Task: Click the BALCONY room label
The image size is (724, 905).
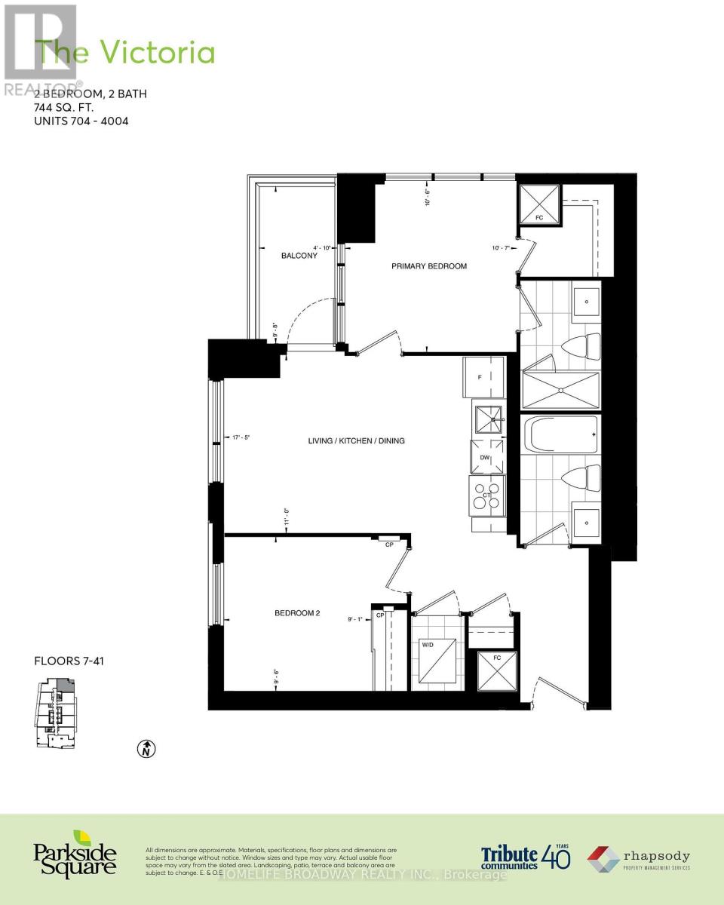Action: click(299, 256)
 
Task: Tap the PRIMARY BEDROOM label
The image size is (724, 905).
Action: click(428, 266)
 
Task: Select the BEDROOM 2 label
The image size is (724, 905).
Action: click(297, 613)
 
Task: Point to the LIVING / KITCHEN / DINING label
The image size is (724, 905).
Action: click(357, 440)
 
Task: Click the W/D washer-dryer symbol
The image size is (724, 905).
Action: click(438, 661)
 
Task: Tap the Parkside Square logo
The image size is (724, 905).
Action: click(75, 854)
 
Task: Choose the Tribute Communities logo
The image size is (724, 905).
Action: click(526, 856)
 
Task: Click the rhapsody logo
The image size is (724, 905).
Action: click(639, 857)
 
